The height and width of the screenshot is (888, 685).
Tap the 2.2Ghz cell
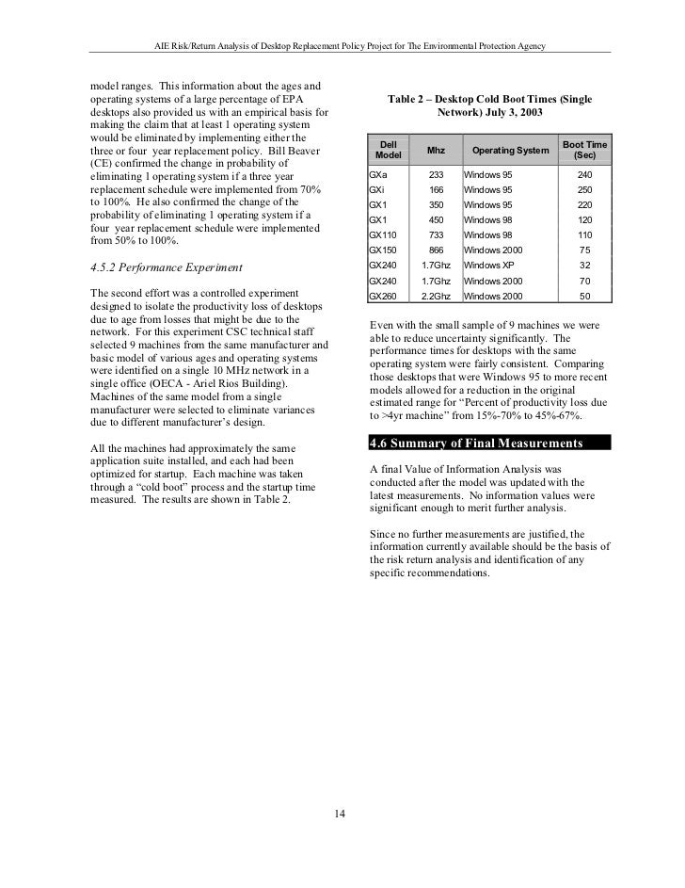436,296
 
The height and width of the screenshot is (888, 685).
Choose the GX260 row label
383,296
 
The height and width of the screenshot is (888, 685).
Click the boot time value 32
584,266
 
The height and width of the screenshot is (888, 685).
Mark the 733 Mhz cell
436,235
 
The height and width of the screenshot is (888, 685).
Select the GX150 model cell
383,250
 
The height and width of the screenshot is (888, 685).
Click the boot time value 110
584,235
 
